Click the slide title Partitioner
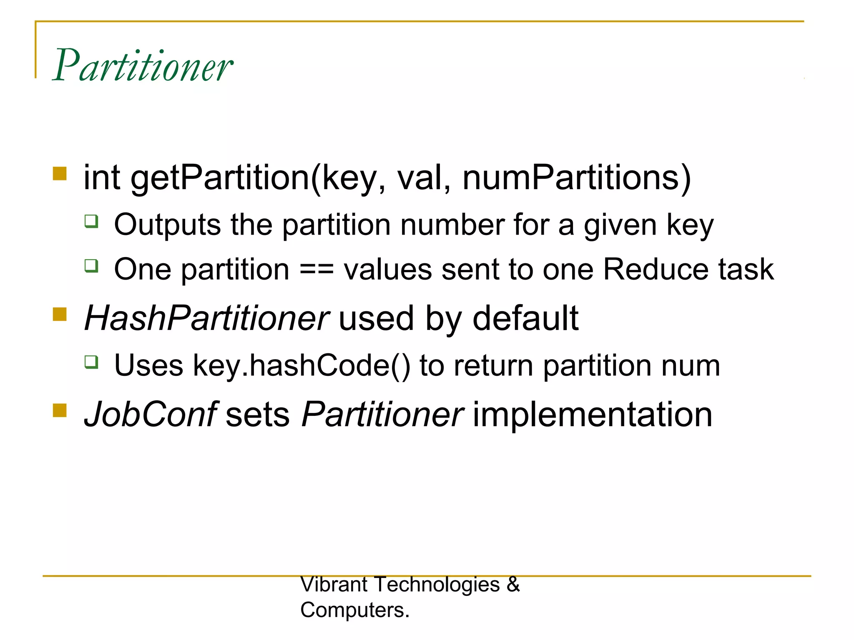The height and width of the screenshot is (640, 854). tap(143, 66)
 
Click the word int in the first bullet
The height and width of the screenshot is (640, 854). tap(102, 178)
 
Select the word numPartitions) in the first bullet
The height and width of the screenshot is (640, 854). tap(577, 178)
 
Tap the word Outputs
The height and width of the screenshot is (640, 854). tap(167, 225)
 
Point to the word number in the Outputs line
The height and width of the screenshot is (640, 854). tap(452, 225)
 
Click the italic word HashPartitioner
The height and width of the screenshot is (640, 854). tap(207, 319)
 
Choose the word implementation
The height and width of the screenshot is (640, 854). tap(592, 415)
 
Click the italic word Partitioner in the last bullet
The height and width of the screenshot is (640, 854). tap(382, 415)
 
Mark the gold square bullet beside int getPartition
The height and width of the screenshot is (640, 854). tap(60, 173)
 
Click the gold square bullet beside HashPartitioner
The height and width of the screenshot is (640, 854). tap(60, 314)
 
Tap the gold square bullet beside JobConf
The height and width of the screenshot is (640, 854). tap(60, 410)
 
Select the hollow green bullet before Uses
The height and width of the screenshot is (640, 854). tap(91, 362)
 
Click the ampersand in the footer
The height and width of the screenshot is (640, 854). tap(513, 585)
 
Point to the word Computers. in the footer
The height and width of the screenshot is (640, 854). tap(355, 610)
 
